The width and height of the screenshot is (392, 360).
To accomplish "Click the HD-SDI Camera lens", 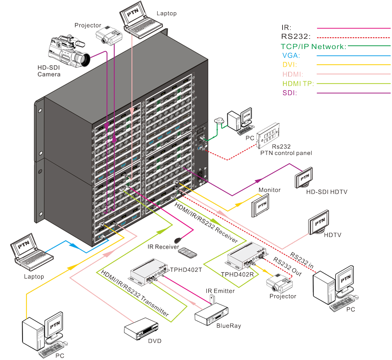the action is pos(84,59).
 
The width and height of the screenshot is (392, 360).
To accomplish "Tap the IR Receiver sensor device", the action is pos(178,240).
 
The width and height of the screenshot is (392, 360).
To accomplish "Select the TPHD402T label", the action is pos(186,270).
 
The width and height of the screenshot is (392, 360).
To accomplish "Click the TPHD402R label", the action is pos(237,275).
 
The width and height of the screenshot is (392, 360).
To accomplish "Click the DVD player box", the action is pos(141,329).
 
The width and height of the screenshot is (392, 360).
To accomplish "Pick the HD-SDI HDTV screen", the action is pos(304,178).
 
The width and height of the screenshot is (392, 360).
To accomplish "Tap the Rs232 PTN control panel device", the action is pos(268,135).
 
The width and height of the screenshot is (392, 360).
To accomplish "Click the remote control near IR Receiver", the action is pos(188,253).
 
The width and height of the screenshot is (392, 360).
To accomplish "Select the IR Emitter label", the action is pos(220,291).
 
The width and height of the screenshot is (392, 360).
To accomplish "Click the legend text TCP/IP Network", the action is pos(313,47).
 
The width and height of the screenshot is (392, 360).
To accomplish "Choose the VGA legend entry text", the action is pos(291,55).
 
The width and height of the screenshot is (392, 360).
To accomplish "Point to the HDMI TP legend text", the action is pos(298,83).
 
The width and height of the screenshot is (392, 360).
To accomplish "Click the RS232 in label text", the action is pos(302,260).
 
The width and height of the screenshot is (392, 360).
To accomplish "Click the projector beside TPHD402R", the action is pos(279,283).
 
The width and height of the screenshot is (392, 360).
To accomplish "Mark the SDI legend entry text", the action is pos(290,93).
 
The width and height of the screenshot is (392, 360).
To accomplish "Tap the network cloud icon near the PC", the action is pos(219,121).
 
